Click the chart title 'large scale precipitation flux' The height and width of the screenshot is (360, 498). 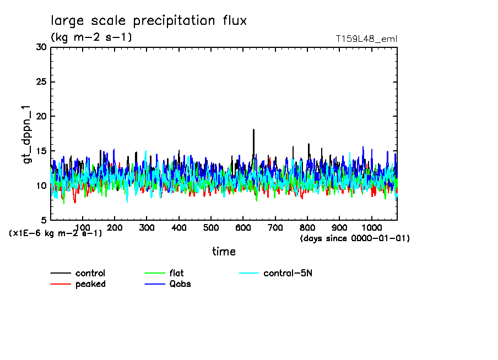click(x=149, y=21)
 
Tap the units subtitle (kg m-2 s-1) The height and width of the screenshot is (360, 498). click(x=91, y=37)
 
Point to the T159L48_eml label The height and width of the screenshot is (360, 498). click(x=366, y=39)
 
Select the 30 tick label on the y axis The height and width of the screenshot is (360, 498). click(x=41, y=47)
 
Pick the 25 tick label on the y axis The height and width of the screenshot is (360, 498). click(x=41, y=82)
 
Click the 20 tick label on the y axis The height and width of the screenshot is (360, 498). click(x=41, y=117)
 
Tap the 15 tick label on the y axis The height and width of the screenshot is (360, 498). click(x=41, y=151)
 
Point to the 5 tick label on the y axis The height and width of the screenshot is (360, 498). click(x=44, y=220)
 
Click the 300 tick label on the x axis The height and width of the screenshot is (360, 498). click(x=147, y=228)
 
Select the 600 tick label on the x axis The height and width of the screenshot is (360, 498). click(x=243, y=228)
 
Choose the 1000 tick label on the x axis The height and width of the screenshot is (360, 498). click(x=372, y=228)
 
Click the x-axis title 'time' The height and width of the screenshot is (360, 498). click(x=224, y=252)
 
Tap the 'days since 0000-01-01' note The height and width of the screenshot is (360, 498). click(x=355, y=238)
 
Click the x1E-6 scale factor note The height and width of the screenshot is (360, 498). click(x=56, y=233)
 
